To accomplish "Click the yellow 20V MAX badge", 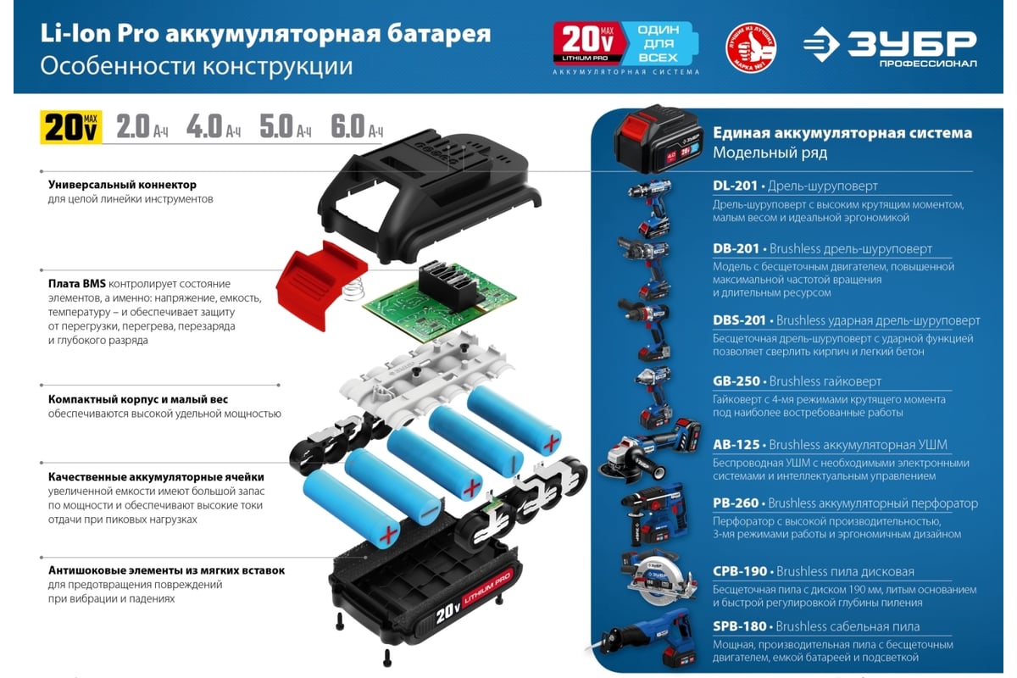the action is (71, 127).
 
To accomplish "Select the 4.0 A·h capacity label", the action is (214, 126).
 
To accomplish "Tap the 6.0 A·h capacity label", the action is (357, 126).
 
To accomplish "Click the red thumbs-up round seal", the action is (751, 47).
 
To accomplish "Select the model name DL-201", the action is (735, 186).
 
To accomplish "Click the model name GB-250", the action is (736, 381).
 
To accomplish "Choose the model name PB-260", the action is (736, 503).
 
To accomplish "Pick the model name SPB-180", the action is (740, 626).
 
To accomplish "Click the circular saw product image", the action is (659, 578).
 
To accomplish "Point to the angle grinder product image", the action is (649, 451).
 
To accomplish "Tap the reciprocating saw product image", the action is (645, 641).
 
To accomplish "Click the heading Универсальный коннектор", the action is (122, 185).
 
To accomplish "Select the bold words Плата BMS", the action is (77, 284).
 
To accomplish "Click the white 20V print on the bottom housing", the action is (448, 614).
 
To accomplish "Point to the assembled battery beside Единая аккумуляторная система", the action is (658, 139).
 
